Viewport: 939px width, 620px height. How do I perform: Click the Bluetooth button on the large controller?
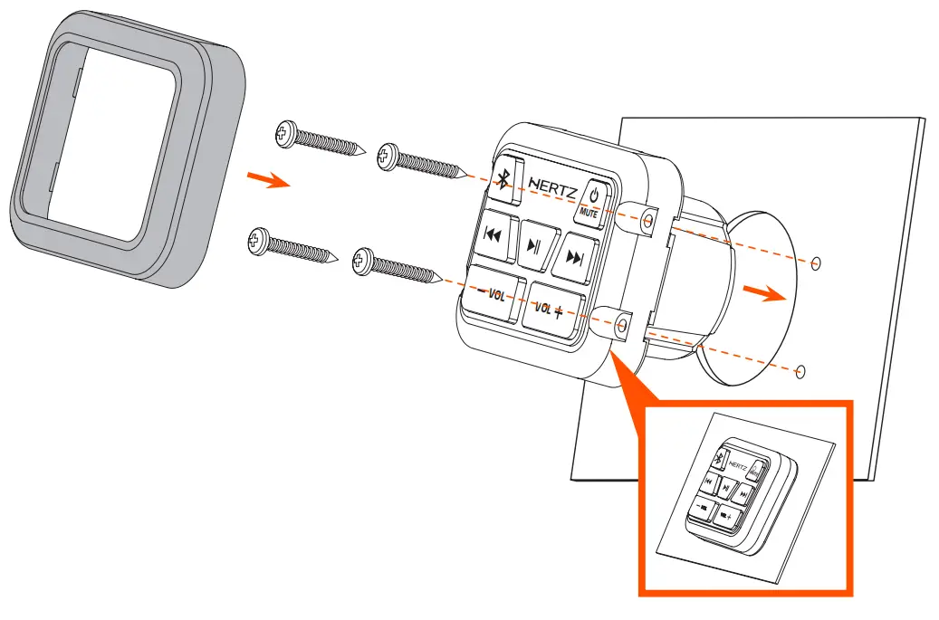tap(504, 179)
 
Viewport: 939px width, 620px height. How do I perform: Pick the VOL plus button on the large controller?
tap(551, 310)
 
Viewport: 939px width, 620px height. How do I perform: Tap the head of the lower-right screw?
tap(364, 262)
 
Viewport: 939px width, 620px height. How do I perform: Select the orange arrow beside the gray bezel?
tap(269, 180)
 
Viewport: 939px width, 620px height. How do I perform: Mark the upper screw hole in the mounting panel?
tap(817, 262)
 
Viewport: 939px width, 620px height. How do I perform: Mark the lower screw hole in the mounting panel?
tap(800, 369)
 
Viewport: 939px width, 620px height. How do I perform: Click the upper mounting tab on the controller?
tap(647, 222)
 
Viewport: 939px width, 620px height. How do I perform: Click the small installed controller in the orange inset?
tap(734, 494)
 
